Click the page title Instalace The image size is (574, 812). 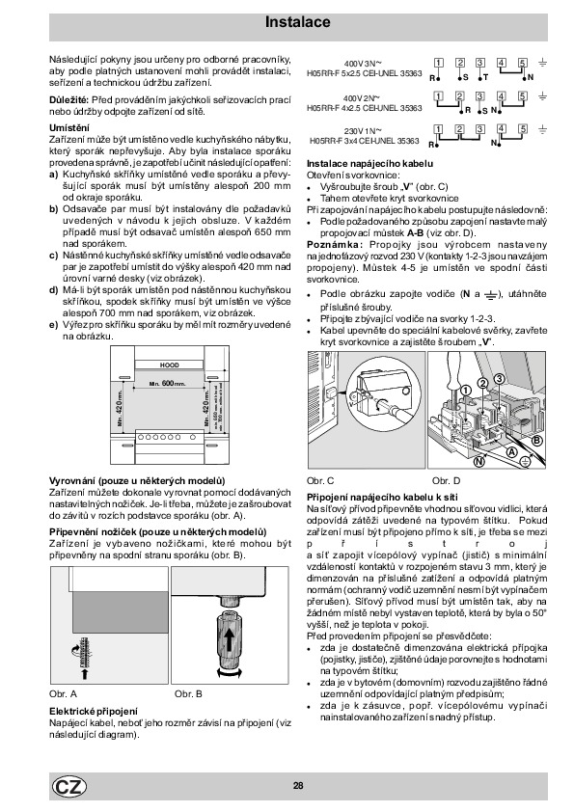297,22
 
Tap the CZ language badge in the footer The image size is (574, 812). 68,787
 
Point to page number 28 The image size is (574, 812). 298,786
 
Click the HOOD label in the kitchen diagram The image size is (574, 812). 169,365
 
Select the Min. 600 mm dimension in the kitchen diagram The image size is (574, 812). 167,383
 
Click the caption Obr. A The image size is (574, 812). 64,693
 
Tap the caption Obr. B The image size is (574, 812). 188,693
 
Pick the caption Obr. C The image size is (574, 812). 320,480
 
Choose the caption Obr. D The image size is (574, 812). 446,480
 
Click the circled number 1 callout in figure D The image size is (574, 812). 465,390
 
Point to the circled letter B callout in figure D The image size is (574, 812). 536,440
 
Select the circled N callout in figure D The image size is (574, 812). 479,460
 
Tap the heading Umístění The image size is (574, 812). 69,127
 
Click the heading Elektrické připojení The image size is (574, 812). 94,712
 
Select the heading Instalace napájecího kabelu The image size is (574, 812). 369,164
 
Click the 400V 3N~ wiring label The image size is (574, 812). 363,64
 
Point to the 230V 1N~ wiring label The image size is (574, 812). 363,131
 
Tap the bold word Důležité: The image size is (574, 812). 68,99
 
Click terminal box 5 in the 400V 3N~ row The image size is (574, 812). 523,64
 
